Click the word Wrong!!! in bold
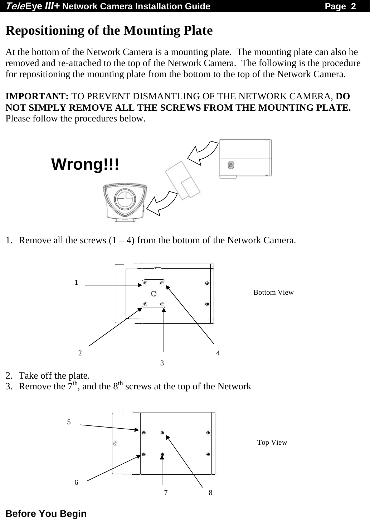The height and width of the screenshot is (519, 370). coord(85,165)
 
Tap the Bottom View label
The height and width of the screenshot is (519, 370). coord(273,293)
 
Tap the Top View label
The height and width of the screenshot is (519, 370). coord(272,443)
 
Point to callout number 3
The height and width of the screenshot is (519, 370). coord(162,363)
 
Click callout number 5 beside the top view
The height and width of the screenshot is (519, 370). coord(69,422)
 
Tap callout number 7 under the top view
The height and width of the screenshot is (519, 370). coord(166,493)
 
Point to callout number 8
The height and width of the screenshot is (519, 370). coord(210,493)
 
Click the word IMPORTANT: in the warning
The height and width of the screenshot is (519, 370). coord(37,97)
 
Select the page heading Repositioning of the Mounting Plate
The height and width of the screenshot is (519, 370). coord(109,31)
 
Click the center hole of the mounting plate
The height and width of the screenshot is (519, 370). coord(154,294)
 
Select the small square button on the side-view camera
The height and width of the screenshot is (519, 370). coord(231,165)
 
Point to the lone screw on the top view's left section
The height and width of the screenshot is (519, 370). coord(115,444)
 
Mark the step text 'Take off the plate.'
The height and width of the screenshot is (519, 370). coord(54,375)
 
